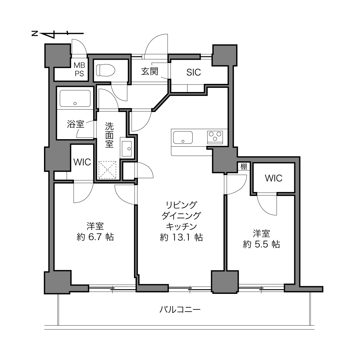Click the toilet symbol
pos(105,70)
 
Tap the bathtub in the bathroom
pos(75,99)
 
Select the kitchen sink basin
pos(183,137)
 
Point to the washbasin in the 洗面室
pos(127,149)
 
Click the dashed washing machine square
pos(108,170)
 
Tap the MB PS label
pos(79,70)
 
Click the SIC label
pos(194,72)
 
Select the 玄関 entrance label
pos(150,71)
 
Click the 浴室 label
pos(75,124)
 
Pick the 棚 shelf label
pos(244,166)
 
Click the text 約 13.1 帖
pos(181,237)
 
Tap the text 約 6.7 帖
pos(95,237)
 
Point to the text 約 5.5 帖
pos(261,244)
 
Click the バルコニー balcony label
pos(180,310)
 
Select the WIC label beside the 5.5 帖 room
pos(273,178)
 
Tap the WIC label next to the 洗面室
pos(82,162)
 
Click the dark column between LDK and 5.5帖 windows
pos(225,282)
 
